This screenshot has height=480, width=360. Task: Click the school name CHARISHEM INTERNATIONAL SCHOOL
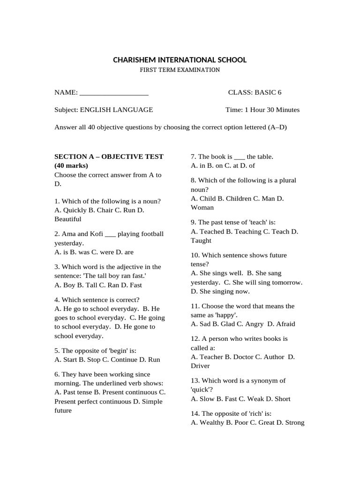[180, 60]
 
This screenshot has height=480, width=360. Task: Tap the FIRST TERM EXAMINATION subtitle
[180, 70]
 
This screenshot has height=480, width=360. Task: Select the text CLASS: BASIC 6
[255, 92]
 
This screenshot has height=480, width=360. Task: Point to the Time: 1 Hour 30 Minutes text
[262, 110]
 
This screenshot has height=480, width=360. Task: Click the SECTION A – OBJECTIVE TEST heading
[109, 157]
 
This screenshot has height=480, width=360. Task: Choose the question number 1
[57, 201]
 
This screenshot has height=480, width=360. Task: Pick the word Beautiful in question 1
[68, 219]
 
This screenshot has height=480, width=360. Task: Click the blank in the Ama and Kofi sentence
[110, 234]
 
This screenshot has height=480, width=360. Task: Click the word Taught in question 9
[201, 240]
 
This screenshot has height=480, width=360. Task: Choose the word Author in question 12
[273, 357]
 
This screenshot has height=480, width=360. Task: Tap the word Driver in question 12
[200, 366]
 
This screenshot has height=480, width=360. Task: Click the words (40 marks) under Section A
[71, 165]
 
